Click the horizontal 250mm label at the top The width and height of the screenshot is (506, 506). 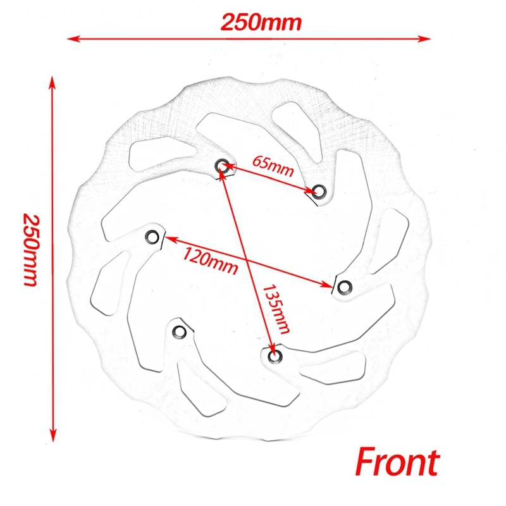pos(261,23)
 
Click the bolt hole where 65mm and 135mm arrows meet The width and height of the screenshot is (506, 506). pos(222,166)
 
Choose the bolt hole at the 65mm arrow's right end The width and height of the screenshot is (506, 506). pos(319,191)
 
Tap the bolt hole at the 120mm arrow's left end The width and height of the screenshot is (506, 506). pos(152,237)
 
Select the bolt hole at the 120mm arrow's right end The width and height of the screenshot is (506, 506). pos(344,287)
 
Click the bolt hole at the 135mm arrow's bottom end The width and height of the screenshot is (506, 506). pos(274,356)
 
